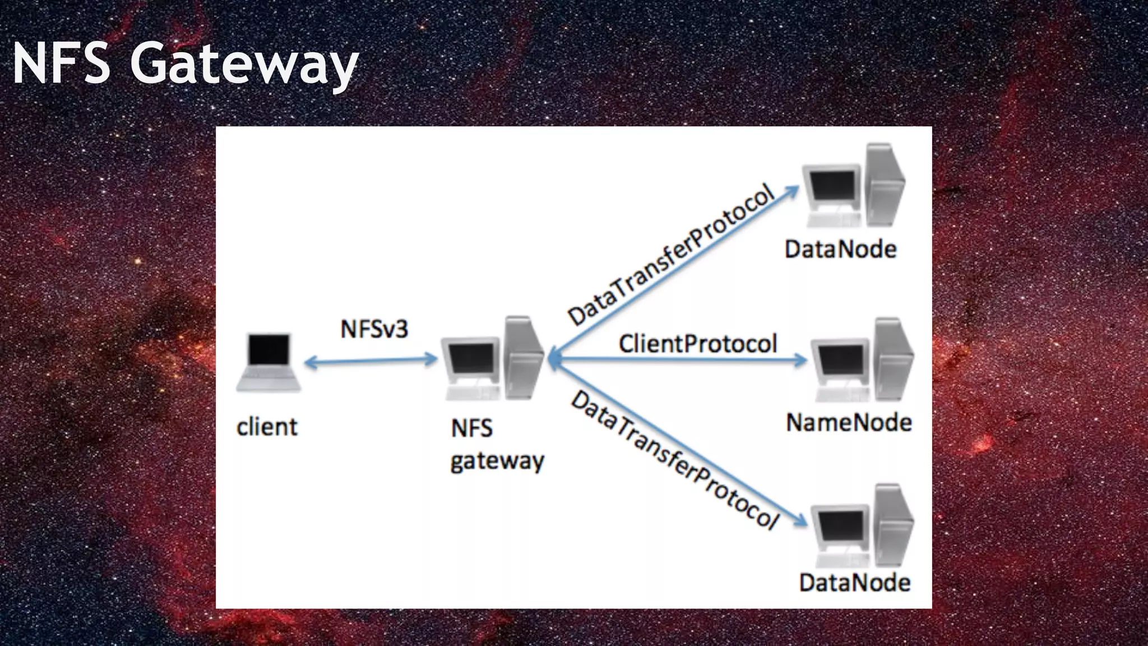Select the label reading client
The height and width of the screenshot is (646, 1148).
(x=267, y=427)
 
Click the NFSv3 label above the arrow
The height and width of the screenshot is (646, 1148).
(x=374, y=329)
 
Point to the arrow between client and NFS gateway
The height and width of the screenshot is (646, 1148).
(x=370, y=361)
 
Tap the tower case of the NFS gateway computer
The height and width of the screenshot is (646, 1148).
(x=522, y=359)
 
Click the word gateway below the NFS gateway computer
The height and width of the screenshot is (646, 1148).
(x=497, y=462)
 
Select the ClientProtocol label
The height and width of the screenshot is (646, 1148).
(x=698, y=344)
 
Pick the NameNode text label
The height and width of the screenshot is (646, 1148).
(x=849, y=423)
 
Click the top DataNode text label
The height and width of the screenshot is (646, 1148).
(x=840, y=250)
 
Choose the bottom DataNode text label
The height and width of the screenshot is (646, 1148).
(x=854, y=583)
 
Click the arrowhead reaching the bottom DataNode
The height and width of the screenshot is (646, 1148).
(x=802, y=522)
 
